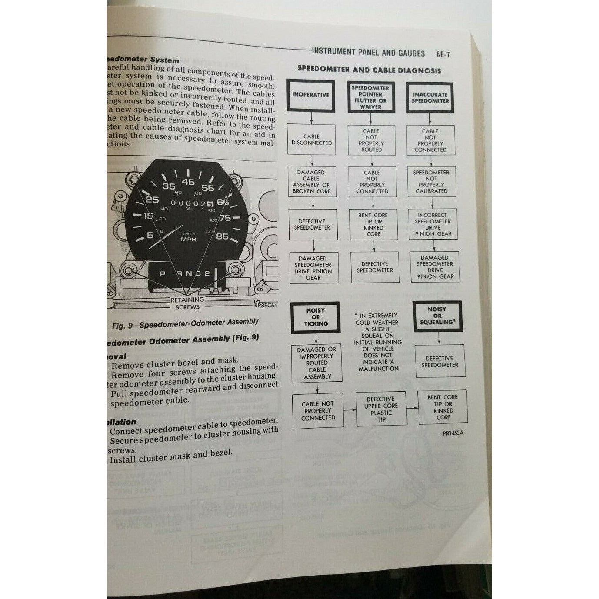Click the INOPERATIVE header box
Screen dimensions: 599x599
310,95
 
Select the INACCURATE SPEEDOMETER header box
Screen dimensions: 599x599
430,97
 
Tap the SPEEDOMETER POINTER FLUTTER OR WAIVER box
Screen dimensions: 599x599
370,97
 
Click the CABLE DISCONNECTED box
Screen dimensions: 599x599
312,140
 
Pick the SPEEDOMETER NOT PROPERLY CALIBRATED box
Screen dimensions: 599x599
431,182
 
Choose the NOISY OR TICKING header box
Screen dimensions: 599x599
316,317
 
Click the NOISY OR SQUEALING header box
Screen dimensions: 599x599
437,316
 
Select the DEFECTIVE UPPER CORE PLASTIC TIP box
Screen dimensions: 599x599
381,409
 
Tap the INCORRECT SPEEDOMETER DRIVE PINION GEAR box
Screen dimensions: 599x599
433,224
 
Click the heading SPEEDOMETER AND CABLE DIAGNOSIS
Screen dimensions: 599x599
369,70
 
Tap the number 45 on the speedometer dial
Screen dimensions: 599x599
188,182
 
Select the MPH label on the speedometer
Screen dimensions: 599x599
188,239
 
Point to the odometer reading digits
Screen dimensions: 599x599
191,203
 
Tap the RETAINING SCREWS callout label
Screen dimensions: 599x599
187,303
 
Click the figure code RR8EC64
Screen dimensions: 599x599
265,305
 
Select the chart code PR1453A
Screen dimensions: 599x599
453,433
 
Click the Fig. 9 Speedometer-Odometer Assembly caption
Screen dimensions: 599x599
185,323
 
